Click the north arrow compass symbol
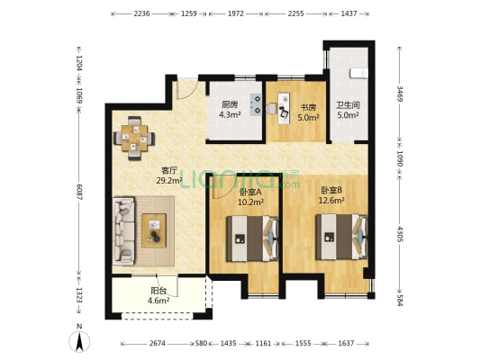point(79,341)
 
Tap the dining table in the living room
point(134,138)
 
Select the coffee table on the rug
point(154,230)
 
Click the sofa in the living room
point(123,231)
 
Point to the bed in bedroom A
point(252,238)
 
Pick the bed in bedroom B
point(341,237)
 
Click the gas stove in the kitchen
point(257,104)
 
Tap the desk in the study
point(284,109)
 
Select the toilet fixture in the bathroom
point(358,74)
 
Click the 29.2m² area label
point(169,181)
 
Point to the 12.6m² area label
point(331,201)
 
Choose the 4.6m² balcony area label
point(158,301)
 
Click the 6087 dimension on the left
point(79,193)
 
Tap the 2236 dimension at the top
point(141,13)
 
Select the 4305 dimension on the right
point(400,234)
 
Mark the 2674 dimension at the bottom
point(158,344)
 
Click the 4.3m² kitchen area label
point(230,115)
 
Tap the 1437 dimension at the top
point(349,13)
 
